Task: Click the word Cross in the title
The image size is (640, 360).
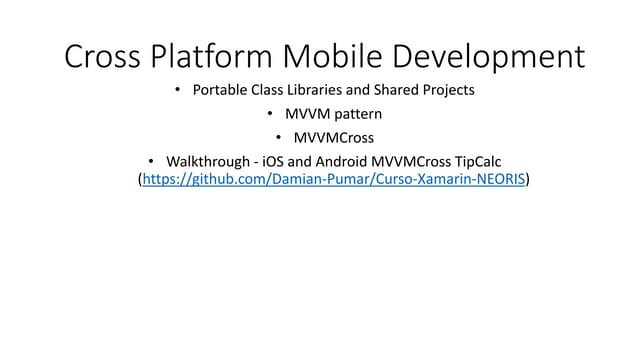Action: click(x=102, y=56)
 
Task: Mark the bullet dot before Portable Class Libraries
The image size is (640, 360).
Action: click(x=178, y=90)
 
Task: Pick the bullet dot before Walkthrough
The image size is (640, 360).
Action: click(x=152, y=160)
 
